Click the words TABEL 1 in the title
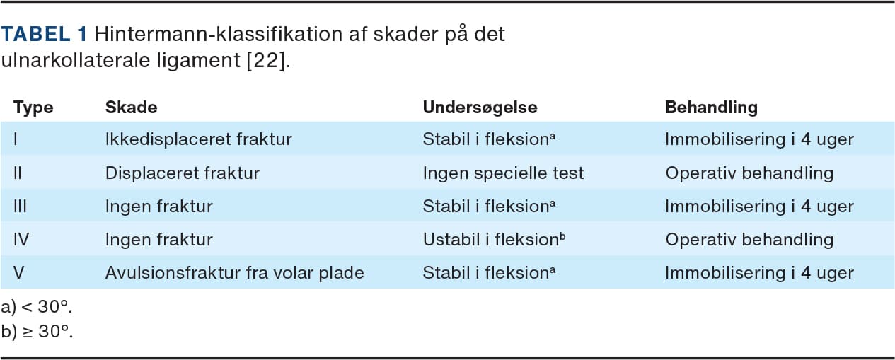click(x=44, y=33)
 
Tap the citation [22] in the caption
click(x=266, y=60)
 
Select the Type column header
click(x=33, y=108)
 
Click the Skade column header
click(x=131, y=107)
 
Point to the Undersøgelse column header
click(x=480, y=107)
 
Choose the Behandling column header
click(x=711, y=107)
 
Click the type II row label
click(x=18, y=173)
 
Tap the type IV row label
click(x=21, y=239)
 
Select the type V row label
click(x=19, y=272)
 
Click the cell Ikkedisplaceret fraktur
click(x=199, y=139)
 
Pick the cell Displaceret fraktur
click(x=183, y=173)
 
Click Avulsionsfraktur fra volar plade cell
click(x=234, y=272)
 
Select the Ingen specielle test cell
click(x=504, y=173)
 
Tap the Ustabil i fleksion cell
click(x=495, y=239)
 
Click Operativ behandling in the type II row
click(x=749, y=173)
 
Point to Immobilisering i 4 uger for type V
click(x=760, y=273)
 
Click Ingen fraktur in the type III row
click(x=159, y=207)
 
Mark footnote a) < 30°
click(x=36, y=307)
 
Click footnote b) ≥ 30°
click(x=37, y=332)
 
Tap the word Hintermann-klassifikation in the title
click(x=219, y=33)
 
